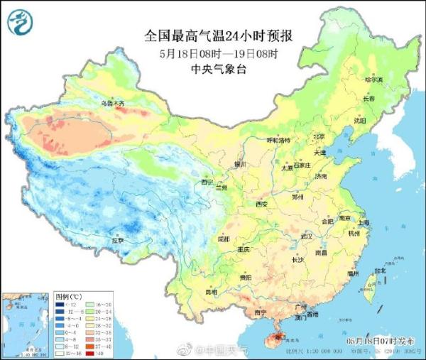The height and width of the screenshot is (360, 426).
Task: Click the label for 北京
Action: (319, 136)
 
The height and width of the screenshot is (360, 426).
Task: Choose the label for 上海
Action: (366, 222)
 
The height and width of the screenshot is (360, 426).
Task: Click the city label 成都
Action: (224, 239)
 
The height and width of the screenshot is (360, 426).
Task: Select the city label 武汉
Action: (307, 235)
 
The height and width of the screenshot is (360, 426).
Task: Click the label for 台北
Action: (381, 271)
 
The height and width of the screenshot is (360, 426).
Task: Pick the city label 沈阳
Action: (360, 121)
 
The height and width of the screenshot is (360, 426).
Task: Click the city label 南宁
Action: (261, 312)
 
